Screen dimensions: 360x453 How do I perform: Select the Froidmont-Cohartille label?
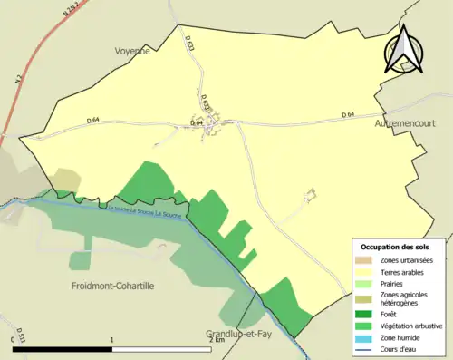click(113, 286)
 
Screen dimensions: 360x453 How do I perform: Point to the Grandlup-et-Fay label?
click(238, 334)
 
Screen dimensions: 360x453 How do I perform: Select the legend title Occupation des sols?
click(395, 247)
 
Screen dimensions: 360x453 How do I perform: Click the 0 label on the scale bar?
click(14, 338)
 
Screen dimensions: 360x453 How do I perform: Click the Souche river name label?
click(143, 209)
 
